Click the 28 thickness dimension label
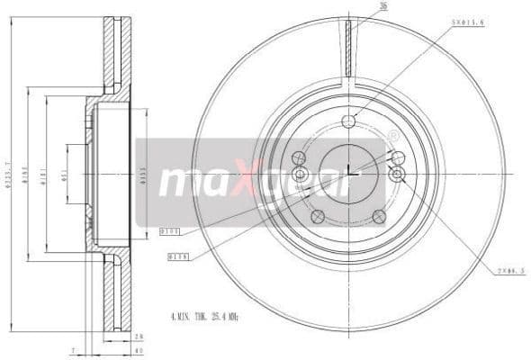(x=138, y=336)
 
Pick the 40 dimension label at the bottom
(x=138, y=350)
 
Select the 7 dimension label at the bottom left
(x=71, y=350)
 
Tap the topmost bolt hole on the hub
(x=348, y=121)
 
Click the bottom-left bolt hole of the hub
(x=317, y=216)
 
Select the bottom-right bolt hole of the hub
(x=380, y=216)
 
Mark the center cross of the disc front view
(x=348, y=173)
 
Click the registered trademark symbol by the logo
(x=392, y=136)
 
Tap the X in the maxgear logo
(x=253, y=180)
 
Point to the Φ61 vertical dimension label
(x=65, y=174)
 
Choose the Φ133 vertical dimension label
(x=142, y=174)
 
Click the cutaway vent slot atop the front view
(x=348, y=49)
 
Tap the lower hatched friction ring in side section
(x=116, y=292)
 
